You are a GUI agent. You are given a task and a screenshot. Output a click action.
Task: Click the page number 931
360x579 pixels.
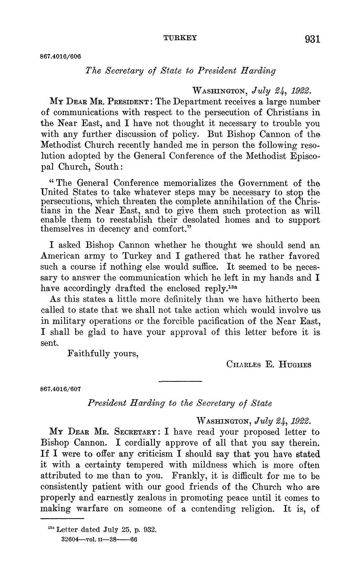pos(313,39)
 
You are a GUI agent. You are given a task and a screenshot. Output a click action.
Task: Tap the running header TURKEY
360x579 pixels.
pos(180,38)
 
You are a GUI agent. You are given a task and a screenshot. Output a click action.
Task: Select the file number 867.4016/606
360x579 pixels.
pos(60,56)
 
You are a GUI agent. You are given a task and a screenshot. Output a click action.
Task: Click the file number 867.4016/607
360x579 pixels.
pos(60,389)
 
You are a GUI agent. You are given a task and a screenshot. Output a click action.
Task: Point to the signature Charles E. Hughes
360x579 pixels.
pos(269,365)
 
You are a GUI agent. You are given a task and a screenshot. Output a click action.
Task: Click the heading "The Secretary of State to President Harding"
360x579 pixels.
pos(180,70)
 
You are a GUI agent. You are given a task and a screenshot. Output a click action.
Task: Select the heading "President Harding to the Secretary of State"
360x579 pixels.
pos(180,403)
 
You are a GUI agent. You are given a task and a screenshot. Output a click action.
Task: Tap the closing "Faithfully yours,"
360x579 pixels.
pos(103,353)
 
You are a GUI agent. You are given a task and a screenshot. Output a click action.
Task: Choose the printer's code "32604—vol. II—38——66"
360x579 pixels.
pos(99,540)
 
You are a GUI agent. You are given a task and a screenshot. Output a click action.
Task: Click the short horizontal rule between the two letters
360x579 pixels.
pos(180,381)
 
